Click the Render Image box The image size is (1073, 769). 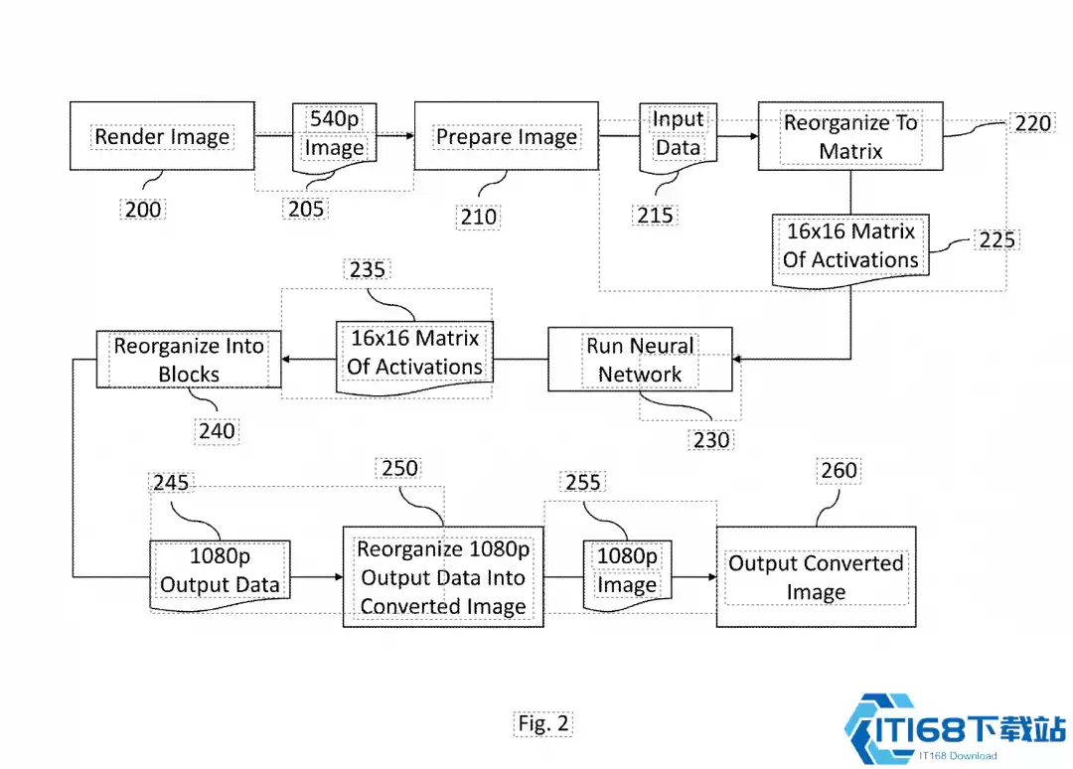point(161,136)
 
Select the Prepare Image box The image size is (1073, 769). point(506,136)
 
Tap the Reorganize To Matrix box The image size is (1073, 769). point(850,136)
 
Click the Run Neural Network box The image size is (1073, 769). point(640,360)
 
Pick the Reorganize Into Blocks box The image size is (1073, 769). point(189,360)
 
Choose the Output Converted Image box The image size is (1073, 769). point(816,577)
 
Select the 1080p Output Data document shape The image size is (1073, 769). point(220,571)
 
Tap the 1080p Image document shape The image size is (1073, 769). point(626,571)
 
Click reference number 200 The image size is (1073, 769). point(143,209)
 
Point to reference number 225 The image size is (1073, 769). point(996,239)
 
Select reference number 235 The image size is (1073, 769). point(368,270)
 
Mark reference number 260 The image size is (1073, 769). point(839,469)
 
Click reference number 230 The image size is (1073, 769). point(711,439)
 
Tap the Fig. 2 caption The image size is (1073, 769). point(543,723)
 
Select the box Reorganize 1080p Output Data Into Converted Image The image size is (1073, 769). point(443,577)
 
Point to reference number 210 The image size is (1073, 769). point(479,217)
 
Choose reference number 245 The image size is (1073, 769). point(170,482)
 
